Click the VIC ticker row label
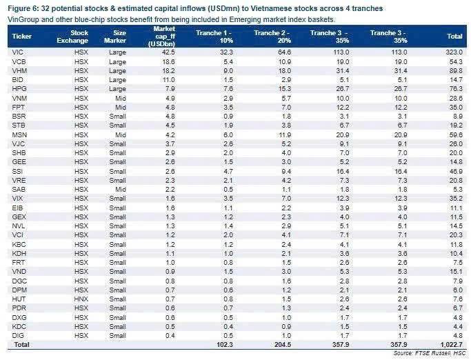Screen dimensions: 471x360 pyautogui.click(x=17, y=52)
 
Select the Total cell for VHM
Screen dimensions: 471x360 pyautogui.click(x=456, y=70)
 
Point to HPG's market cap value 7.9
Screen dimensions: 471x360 pyautogui.click(x=170, y=89)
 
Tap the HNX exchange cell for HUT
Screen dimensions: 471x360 pyautogui.click(x=81, y=299)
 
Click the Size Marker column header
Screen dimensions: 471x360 pyautogui.click(x=115, y=37)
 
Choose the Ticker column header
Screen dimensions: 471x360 pyautogui.click(x=21, y=37)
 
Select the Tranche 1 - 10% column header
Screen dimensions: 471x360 pyautogui.click(x=214, y=37)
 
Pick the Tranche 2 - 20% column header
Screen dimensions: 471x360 pyautogui.click(x=272, y=37)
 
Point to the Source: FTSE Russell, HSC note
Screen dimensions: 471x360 pyautogui.click(x=430, y=353)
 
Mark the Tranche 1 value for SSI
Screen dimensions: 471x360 pyautogui.click(x=228, y=171)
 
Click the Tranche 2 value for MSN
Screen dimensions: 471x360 pyautogui.click(x=285, y=135)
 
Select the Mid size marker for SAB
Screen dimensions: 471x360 pyautogui.click(x=121, y=190)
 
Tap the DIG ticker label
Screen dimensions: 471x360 pyautogui.click(x=18, y=335)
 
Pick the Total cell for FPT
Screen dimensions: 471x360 pyautogui.click(x=456, y=108)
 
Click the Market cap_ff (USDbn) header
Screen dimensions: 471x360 pyautogui.click(x=161, y=37)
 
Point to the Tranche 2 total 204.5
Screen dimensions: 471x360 pyautogui.click(x=283, y=344)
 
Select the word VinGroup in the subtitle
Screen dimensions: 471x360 pyautogui.click(x=21, y=20)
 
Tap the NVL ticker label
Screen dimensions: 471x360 pyautogui.click(x=19, y=226)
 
